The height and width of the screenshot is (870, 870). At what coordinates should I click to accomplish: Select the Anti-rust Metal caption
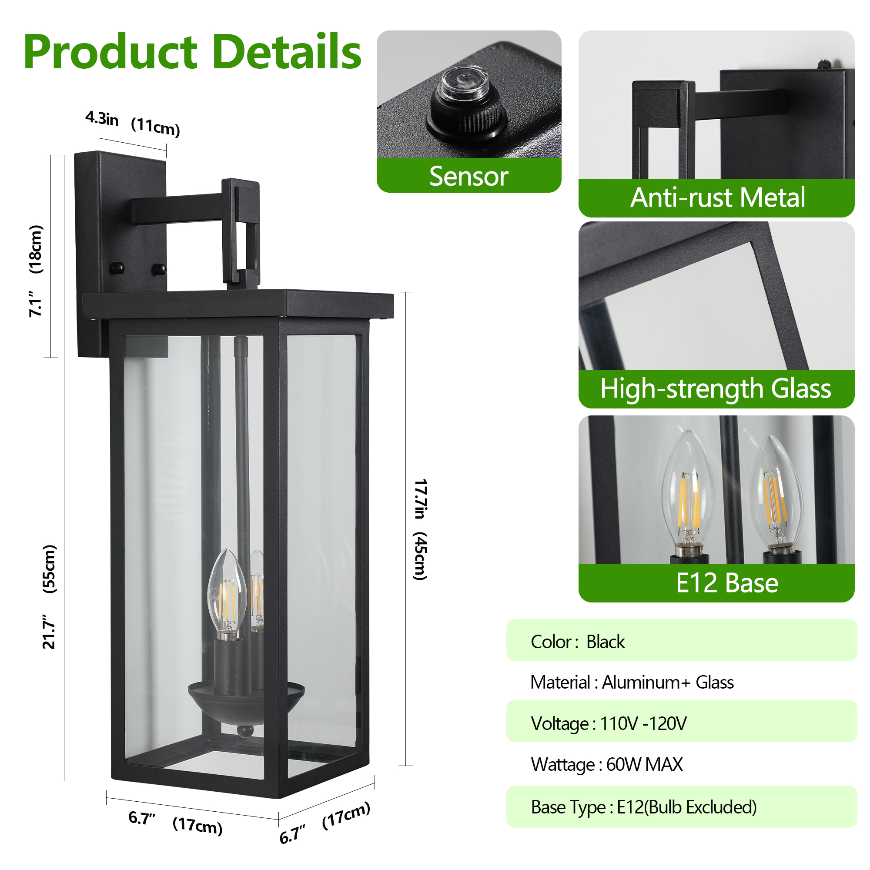click(x=717, y=197)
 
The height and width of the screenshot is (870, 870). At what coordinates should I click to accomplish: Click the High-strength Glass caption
click(x=716, y=388)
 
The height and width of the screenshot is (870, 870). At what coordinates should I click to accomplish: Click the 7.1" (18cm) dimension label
click(x=36, y=271)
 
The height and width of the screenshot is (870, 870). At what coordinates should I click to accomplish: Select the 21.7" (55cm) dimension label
click(x=49, y=597)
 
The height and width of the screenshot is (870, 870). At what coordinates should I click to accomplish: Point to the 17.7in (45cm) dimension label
click(x=420, y=529)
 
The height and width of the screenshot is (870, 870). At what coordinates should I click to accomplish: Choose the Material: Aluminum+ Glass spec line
click(x=632, y=682)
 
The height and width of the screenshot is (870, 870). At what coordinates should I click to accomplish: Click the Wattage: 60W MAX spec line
click(x=606, y=764)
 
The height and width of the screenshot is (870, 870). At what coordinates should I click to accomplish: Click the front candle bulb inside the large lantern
click(x=227, y=594)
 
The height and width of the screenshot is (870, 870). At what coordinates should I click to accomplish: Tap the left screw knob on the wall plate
click(x=117, y=268)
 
